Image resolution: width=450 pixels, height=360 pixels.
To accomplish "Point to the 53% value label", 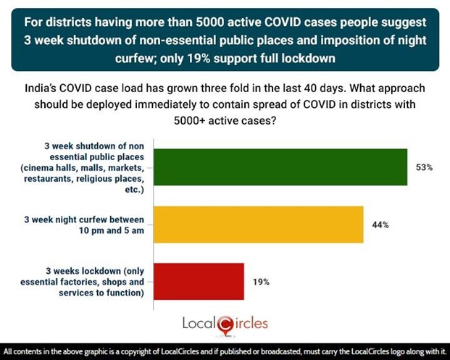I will click(x=425, y=167).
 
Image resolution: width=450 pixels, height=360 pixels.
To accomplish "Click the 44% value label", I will click(x=380, y=225).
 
